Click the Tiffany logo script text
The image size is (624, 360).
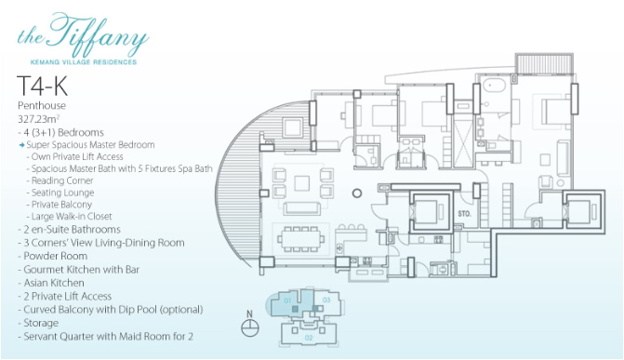pos(84,35)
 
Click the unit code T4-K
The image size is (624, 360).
pos(42,86)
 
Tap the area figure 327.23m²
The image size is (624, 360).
pos(39,119)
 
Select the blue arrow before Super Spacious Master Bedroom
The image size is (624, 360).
pos(22,145)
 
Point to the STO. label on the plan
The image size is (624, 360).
pos(464,214)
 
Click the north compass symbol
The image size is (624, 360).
pos(250,327)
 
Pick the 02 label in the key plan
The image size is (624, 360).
pos(309,338)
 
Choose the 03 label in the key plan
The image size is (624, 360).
pos(326,300)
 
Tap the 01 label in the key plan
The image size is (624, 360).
pos(287,300)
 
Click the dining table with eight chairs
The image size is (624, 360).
pos(301,239)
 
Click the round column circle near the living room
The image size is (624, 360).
pos(357,193)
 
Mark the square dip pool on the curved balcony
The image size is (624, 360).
pos(293,127)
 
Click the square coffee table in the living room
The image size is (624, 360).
pos(302,183)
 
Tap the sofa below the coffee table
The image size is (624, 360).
pos(301,208)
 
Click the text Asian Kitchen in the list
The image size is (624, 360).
pos(54,283)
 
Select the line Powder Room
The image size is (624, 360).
pos(55,256)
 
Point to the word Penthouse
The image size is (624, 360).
pos(42,105)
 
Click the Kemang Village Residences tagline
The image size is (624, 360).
pos(84,62)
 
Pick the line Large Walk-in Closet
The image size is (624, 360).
pos(72,216)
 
